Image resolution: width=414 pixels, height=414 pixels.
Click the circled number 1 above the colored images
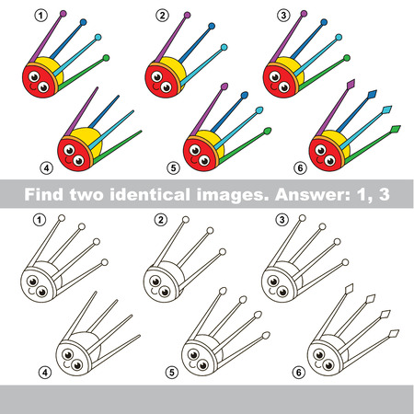pos(41,16)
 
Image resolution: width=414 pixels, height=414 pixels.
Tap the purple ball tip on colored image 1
pos(63,14)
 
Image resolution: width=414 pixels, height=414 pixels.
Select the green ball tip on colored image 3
pos(347,58)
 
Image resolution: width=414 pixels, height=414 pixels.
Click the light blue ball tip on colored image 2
pos(224,47)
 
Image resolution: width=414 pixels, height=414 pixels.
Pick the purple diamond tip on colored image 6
pos(351,84)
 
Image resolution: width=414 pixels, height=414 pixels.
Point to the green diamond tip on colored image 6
pos(396,129)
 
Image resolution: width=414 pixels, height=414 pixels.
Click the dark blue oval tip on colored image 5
pos(245,95)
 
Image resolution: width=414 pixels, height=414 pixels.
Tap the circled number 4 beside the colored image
pos(47,168)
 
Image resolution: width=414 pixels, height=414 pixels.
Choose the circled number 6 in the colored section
pos(300,168)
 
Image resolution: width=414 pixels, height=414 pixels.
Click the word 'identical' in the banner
pos(150,194)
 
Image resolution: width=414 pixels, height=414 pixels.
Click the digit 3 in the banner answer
pos(384,194)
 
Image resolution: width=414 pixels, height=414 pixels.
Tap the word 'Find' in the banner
pos(44,194)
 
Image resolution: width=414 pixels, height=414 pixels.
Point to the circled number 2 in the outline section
pos(161,220)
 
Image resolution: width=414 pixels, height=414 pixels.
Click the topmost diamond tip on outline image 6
pos(350,289)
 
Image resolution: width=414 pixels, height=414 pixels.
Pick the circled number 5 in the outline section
pos(172,373)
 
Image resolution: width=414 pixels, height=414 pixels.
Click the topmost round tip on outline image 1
pos(62,218)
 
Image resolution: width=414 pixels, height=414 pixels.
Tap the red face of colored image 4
pos(75,155)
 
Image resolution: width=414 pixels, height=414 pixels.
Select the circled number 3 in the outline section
pos(282,220)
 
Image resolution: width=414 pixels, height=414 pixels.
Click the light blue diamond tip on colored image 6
pos(387,109)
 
